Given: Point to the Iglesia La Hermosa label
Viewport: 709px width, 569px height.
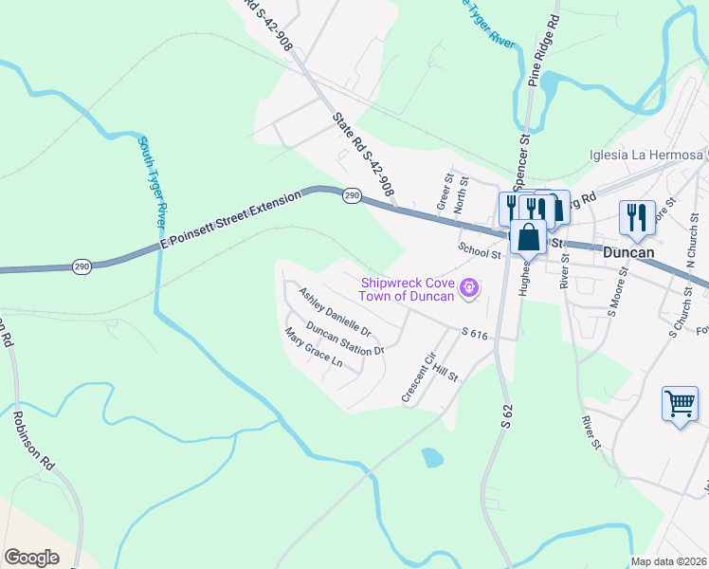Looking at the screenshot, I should point(645,155).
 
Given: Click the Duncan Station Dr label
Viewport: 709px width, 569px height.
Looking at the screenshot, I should point(345,342).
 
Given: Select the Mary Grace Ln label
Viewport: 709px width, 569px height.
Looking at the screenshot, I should point(314,347).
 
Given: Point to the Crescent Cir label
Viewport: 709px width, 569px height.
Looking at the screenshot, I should point(417,376).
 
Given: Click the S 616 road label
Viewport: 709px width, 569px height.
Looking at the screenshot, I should point(474,334).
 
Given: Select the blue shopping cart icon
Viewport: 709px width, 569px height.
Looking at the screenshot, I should point(681,405).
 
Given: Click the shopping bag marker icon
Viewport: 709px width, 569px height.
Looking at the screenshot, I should point(528,237).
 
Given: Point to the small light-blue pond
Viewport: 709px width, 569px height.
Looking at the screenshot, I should point(431,458).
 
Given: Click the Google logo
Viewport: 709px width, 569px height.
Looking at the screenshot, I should point(31,557).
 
